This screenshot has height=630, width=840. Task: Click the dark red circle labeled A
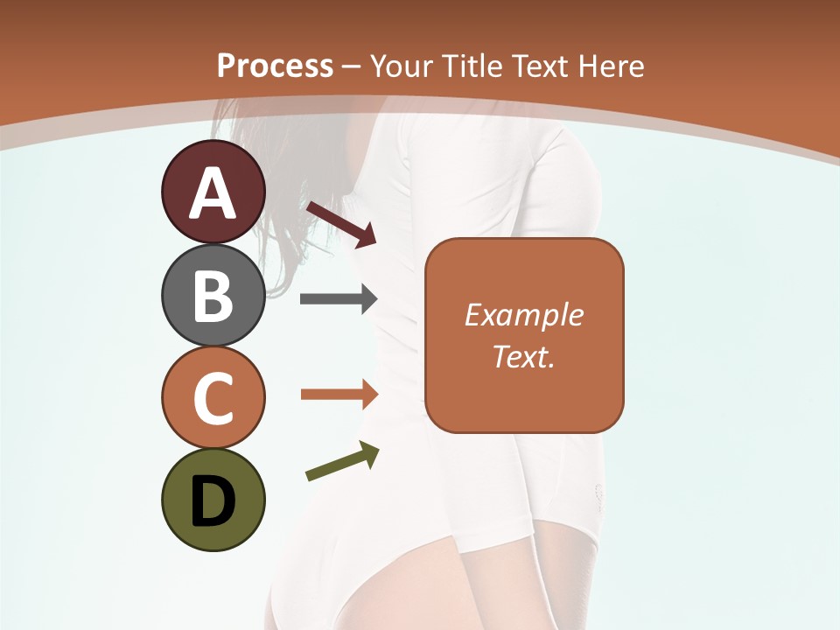click(213, 192)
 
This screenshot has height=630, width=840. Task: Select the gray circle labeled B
click(213, 295)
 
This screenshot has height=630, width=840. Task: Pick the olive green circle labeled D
click(213, 500)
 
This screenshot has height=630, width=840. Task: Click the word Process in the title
click(275, 66)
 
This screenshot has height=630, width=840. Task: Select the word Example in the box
click(523, 315)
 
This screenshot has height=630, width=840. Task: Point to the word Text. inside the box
click(523, 356)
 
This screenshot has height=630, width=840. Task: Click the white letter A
click(213, 193)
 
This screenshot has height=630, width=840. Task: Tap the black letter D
click(213, 501)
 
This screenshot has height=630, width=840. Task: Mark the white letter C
click(213, 398)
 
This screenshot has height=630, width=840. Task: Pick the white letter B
click(213, 297)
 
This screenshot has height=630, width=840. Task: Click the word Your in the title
click(400, 66)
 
